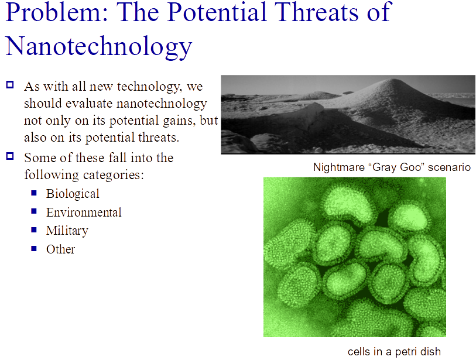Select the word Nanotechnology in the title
(99, 46)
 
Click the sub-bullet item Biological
(73, 193)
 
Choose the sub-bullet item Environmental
(84, 212)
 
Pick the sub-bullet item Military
(67, 231)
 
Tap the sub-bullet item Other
(61, 249)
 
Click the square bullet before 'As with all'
(9, 85)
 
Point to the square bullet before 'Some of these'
(9, 156)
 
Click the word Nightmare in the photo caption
(338, 167)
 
